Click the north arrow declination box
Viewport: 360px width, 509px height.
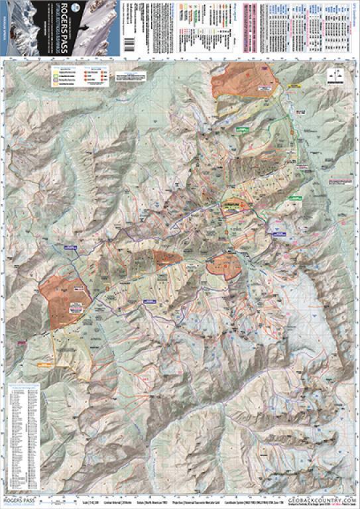[333, 76]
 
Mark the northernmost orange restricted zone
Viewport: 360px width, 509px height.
[242, 82]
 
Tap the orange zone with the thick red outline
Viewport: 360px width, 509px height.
[224, 265]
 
